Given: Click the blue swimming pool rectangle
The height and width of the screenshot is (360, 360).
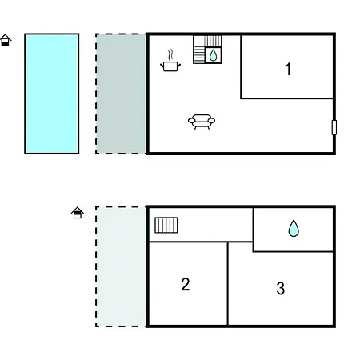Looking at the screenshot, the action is click(x=52, y=94).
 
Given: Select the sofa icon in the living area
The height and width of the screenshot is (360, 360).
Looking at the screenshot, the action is click(x=202, y=122).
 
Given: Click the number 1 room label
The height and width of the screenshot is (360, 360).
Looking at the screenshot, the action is click(x=288, y=69).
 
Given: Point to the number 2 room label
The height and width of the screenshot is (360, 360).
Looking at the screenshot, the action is click(x=186, y=284).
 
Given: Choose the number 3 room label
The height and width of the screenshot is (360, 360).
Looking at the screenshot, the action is click(x=281, y=288).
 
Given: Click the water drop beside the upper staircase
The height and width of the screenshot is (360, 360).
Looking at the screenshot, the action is click(x=213, y=55).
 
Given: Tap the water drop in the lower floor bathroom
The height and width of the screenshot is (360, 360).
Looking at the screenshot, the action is click(x=294, y=228).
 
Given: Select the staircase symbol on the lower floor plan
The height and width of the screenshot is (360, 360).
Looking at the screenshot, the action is click(x=166, y=226).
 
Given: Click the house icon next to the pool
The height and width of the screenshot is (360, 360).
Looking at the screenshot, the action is click(x=6, y=40).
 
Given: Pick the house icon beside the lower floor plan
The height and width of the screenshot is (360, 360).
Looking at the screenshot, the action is click(x=78, y=213).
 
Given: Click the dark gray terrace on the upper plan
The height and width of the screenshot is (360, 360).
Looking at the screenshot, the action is click(x=121, y=94).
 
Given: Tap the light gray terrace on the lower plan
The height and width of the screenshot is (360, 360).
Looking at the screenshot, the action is click(x=121, y=266).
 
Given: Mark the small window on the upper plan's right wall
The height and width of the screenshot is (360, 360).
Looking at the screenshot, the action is click(x=334, y=127).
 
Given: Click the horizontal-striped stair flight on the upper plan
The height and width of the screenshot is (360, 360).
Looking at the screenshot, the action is click(x=199, y=55).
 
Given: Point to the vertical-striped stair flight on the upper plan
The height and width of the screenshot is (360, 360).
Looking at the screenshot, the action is click(x=213, y=41).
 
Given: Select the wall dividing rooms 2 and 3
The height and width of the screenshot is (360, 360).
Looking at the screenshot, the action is click(x=228, y=283).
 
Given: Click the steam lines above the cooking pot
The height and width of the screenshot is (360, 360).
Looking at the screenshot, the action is click(x=170, y=55).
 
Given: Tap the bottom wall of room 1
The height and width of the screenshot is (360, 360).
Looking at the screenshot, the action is click(x=287, y=98).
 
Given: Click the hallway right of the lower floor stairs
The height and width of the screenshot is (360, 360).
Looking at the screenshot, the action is click(x=215, y=225).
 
